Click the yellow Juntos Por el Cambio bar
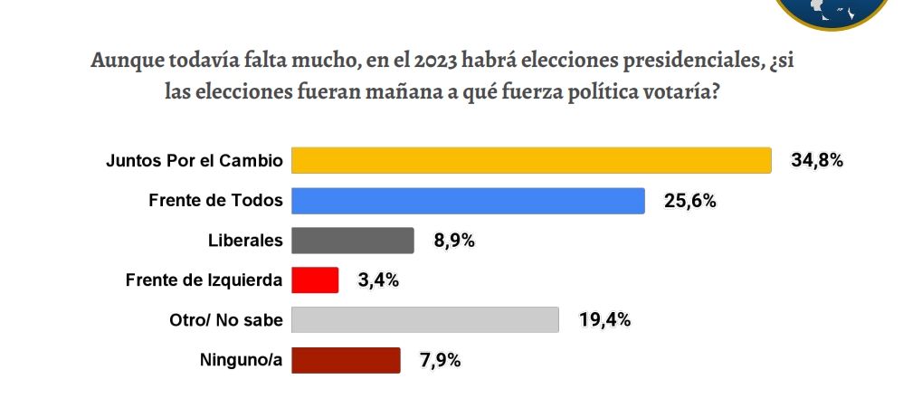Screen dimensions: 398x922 (531, 161)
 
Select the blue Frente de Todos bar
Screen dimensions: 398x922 (468, 201)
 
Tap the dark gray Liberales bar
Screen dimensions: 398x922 (353, 241)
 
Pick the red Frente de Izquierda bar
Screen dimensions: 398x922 (315, 280)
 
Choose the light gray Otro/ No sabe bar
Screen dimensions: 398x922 (424, 320)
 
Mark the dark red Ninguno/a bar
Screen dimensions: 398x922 (346, 360)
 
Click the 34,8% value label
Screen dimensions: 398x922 (817, 161)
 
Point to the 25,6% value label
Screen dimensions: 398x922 (690, 201)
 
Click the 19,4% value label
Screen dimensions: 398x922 (604, 320)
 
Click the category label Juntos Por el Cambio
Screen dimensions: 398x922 (195, 161)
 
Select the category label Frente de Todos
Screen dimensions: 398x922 (215, 201)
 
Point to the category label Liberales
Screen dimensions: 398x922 (245, 241)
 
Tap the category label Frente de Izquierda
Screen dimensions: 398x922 (204, 280)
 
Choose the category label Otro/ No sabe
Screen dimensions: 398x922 (226, 320)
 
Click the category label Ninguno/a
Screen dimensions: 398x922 (241, 360)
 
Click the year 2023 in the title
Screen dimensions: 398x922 (439, 62)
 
